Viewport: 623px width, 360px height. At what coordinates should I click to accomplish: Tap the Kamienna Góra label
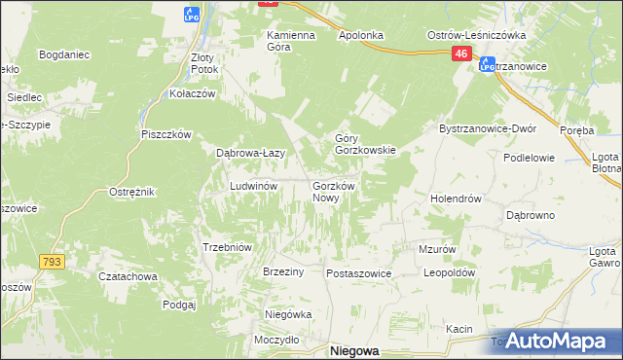point(291,41)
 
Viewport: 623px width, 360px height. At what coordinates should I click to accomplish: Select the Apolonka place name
point(362,35)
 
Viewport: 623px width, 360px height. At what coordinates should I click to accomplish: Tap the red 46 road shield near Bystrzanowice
point(462,58)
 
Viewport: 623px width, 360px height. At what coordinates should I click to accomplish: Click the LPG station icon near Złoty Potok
point(192,14)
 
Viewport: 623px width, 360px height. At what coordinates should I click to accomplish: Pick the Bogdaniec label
point(64,54)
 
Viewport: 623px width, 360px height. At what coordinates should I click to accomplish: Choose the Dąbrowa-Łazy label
point(249,153)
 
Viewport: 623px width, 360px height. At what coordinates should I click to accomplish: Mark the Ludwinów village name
point(254,185)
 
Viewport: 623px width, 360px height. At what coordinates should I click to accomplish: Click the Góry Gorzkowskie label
point(365,144)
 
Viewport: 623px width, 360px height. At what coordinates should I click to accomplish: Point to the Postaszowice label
point(358,273)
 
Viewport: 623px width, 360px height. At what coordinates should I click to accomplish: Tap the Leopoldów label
point(448,273)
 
